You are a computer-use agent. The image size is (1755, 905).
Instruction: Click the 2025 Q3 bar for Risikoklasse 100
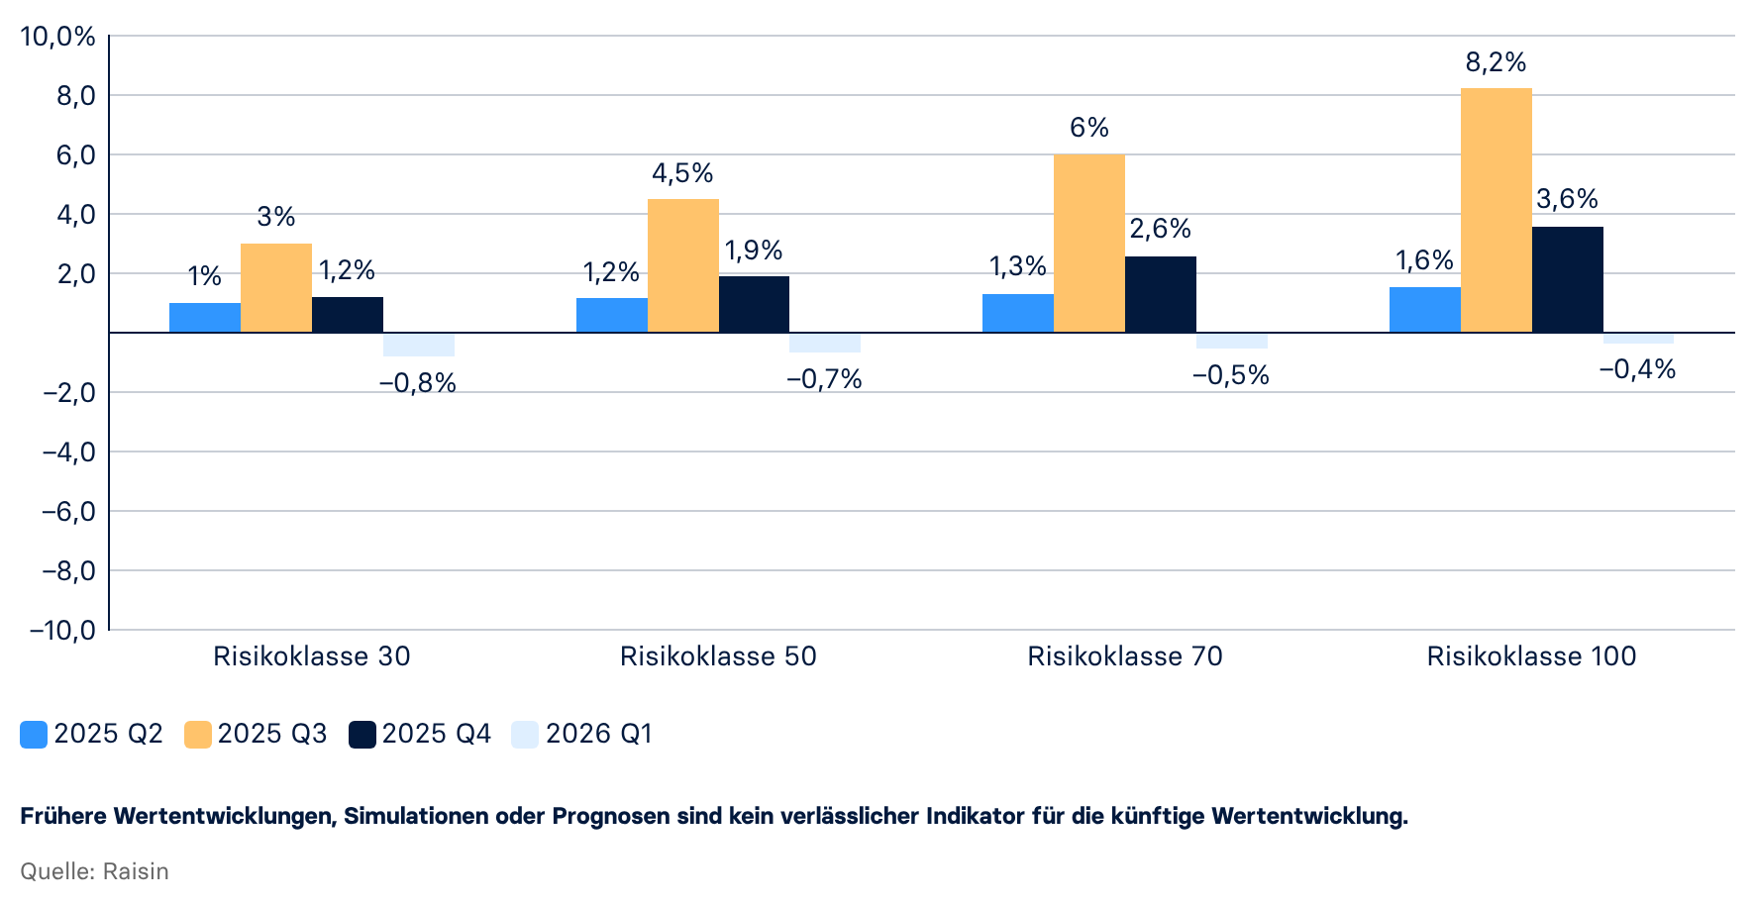(1496, 210)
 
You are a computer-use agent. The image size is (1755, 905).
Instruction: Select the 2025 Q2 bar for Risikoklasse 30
(205, 318)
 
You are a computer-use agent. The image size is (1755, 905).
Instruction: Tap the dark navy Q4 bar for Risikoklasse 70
(1160, 294)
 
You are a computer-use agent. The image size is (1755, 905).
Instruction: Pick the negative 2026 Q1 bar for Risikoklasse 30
(418, 345)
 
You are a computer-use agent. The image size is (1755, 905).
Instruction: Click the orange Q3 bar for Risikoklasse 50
(682, 265)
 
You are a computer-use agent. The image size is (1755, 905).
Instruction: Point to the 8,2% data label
(1496, 62)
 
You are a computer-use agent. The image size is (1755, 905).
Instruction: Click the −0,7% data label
(824, 379)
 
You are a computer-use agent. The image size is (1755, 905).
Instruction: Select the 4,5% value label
(682, 173)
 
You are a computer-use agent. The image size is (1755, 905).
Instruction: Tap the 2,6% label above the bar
(1160, 229)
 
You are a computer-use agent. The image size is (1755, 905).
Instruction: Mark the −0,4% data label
(1637, 369)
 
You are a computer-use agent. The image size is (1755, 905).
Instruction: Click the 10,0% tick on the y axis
(58, 37)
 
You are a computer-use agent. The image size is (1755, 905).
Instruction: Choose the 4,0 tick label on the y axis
(76, 215)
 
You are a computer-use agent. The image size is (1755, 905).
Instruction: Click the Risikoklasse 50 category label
(718, 656)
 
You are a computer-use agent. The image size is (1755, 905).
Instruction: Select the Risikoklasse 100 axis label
(1531, 656)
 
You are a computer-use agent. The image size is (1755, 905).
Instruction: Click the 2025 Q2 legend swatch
(34, 735)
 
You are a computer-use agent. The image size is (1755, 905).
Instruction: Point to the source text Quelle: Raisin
(94, 871)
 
